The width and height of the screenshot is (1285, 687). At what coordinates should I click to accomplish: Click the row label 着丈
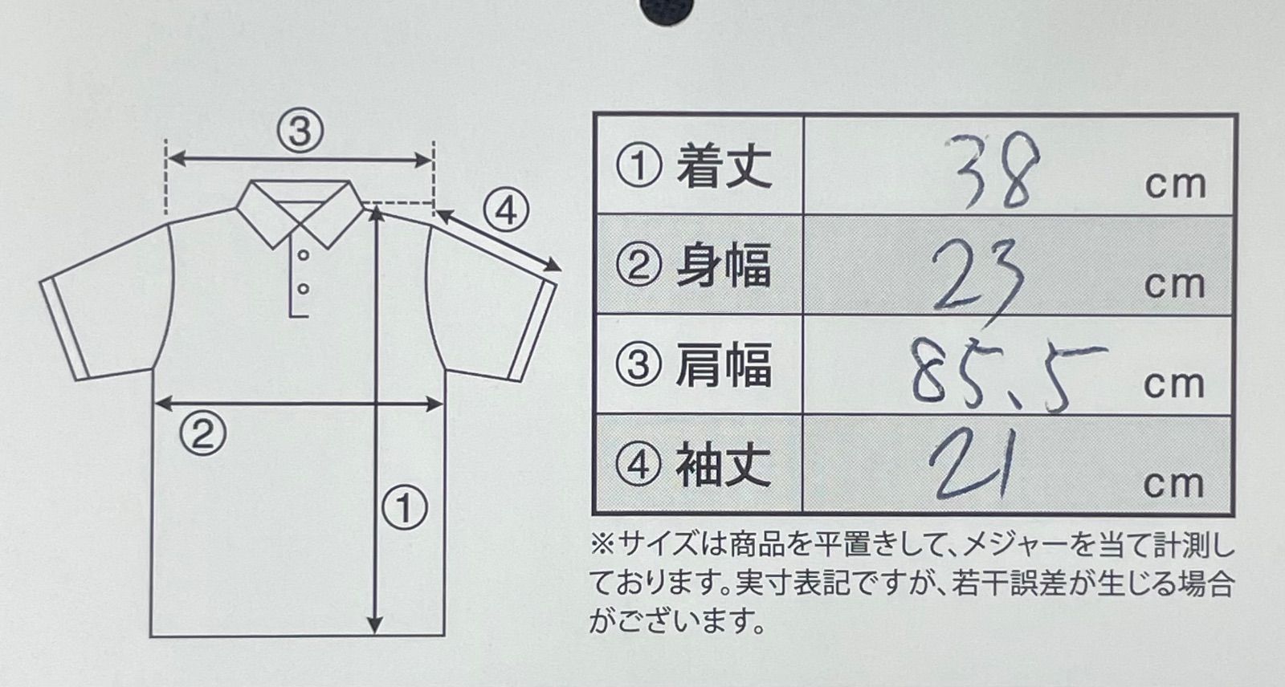coord(724,166)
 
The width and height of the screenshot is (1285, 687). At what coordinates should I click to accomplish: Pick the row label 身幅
coord(724,266)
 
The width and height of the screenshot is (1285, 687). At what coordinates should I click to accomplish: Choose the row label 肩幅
coord(724,364)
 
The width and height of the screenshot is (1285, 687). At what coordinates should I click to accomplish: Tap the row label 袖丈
coord(724,465)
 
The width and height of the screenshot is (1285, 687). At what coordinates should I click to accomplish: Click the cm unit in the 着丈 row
coord(1176,185)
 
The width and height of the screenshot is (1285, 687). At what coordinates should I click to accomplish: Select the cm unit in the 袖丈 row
coord(1173,485)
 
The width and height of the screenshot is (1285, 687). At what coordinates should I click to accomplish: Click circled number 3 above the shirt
coord(300,132)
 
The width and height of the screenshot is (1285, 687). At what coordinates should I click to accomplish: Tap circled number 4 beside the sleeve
coord(505,212)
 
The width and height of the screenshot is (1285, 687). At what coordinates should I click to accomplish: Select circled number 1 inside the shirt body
coord(405,509)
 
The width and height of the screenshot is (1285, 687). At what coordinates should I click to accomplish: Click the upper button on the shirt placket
coord(304,254)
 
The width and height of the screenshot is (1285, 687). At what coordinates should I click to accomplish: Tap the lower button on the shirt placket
coord(304,289)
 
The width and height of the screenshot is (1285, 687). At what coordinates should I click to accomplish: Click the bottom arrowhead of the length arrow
coord(374,625)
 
